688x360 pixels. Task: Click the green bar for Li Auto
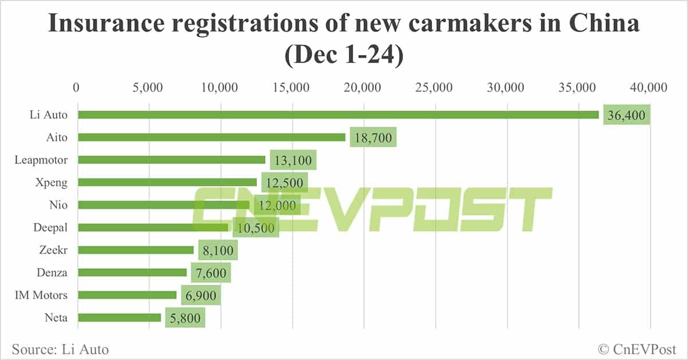[338, 115]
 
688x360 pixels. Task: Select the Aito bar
[212, 137]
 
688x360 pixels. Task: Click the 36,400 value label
[627, 116]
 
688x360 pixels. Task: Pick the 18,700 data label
[373, 138]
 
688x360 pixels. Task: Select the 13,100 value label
[293, 161]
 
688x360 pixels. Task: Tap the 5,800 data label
[185, 318]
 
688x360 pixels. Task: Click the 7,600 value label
[210, 273]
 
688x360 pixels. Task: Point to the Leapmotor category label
[41, 160]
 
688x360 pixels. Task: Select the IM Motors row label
[41, 295]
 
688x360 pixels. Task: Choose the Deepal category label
[50, 227]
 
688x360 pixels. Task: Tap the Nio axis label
[59, 205]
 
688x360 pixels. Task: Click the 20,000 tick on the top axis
[364, 87]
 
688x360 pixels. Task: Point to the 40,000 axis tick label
[650, 87]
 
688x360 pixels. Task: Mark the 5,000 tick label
[148, 87]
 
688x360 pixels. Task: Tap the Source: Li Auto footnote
[60, 349]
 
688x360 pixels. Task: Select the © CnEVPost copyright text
[637, 349]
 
